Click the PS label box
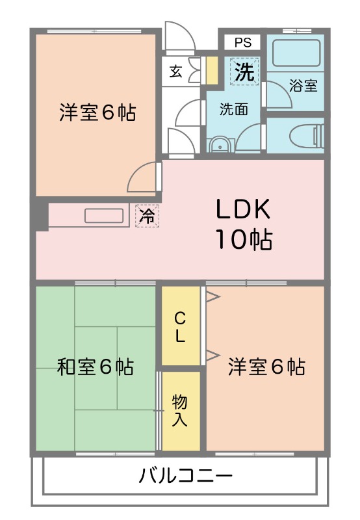click(242, 43)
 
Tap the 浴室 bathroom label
click(303, 85)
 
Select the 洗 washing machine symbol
click(244, 71)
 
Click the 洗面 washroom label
click(233, 109)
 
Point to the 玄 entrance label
click(176, 71)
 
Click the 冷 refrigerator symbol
click(147, 216)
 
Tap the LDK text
click(242, 210)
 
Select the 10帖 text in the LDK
click(244, 240)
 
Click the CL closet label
click(180, 327)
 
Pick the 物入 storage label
click(180, 409)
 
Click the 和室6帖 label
click(96, 367)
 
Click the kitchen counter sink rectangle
click(104, 215)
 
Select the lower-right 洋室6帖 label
click(266, 367)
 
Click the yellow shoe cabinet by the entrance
click(211, 70)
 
